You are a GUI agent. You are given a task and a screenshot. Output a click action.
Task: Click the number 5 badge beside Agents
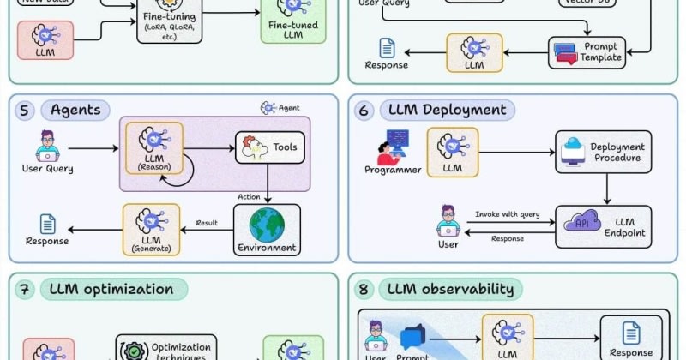pyautogui.click(x=26, y=110)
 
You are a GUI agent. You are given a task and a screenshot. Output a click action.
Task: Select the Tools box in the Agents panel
pyautogui.click(x=268, y=147)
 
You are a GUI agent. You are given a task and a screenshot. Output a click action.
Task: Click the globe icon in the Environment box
pyautogui.click(x=267, y=225)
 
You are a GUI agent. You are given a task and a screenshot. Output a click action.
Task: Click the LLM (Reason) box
pyautogui.click(x=154, y=147)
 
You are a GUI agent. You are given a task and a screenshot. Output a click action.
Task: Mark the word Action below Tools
pyautogui.click(x=249, y=196)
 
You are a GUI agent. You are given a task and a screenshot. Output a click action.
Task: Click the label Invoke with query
pyautogui.click(x=508, y=214)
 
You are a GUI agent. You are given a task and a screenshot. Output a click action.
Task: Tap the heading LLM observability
pyautogui.click(x=450, y=289)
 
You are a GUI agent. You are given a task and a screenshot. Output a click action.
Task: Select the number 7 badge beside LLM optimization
pyautogui.click(x=26, y=289)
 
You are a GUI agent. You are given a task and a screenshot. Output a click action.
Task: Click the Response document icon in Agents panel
pyautogui.click(x=47, y=225)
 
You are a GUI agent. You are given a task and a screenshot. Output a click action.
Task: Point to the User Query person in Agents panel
pyautogui.click(x=47, y=146)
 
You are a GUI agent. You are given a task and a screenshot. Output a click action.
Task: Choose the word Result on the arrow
pyautogui.click(x=208, y=222)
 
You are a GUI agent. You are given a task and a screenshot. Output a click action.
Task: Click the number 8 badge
pyautogui.click(x=365, y=289)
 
